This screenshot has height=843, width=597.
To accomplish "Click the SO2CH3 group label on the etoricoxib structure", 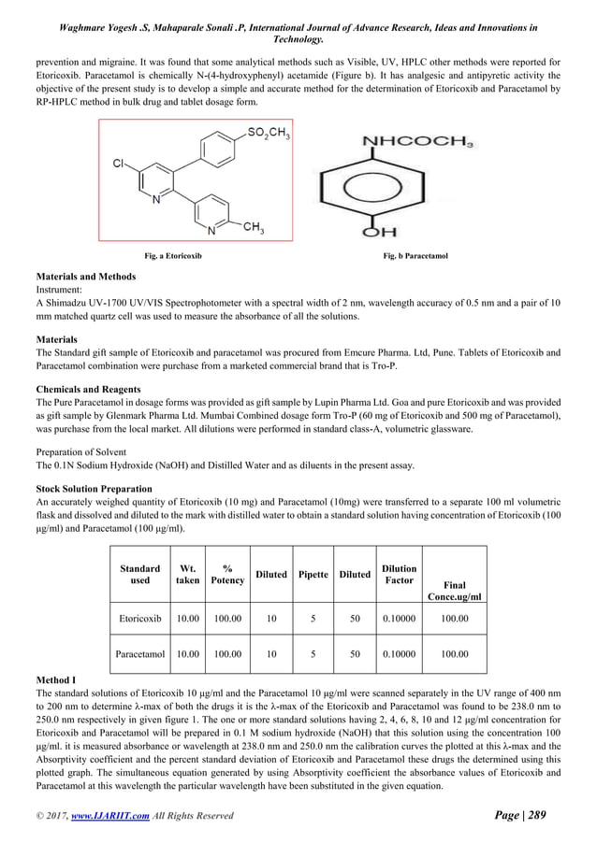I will click(x=269, y=135).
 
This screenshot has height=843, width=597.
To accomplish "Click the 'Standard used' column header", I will click(x=139, y=574).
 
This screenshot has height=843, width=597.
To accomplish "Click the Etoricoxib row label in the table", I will click(x=139, y=618).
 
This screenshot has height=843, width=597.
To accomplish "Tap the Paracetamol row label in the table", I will click(x=139, y=654).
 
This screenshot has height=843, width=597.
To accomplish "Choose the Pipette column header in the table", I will click(x=313, y=574).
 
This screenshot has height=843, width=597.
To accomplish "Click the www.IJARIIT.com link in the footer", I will click(x=120, y=816).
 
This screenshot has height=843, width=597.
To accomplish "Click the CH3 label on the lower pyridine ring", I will click(x=253, y=230).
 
